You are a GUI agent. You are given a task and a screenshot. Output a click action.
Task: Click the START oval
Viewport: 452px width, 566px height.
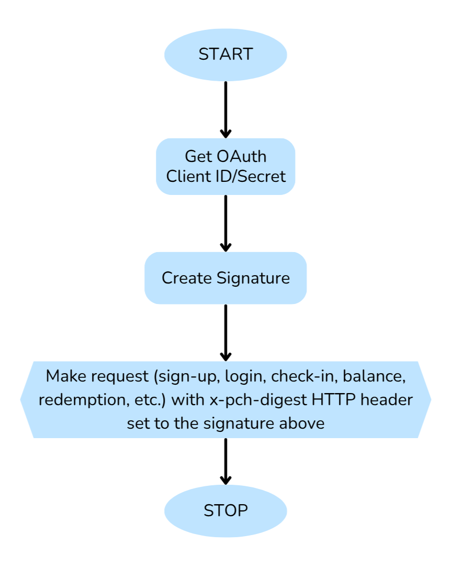click(x=225, y=55)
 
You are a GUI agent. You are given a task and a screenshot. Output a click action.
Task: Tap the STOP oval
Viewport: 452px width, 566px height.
click(x=225, y=510)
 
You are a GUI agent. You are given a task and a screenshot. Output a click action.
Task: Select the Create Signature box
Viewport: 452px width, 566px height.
click(x=225, y=278)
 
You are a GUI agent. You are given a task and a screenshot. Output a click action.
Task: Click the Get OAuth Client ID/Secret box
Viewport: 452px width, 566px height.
click(x=225, y=166)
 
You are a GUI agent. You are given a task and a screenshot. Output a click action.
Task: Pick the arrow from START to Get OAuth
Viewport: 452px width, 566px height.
click(x=225, y=109)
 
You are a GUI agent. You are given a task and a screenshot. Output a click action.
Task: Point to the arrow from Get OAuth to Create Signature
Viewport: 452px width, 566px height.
click(x=225, y=223)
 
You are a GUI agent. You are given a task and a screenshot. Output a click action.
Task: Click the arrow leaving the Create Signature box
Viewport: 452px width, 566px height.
click(x=225, y=332)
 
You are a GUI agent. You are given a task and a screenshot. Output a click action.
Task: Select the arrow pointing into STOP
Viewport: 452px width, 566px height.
click(x=225, y=461)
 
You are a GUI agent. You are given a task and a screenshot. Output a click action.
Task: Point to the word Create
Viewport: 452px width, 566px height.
click(x=187, y=278)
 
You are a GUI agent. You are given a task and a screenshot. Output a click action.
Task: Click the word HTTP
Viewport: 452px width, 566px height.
click(x=331, y=400)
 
